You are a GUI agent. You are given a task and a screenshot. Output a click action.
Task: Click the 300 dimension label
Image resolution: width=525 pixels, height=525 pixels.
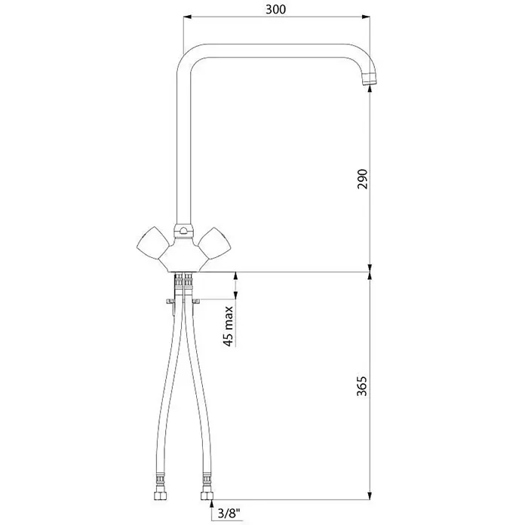(x=275, y=9)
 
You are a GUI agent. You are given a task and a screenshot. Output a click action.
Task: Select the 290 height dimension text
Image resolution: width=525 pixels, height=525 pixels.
(x=362, y=179)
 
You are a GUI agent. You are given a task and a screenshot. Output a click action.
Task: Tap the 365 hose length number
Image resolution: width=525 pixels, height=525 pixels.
(x=362, y=386)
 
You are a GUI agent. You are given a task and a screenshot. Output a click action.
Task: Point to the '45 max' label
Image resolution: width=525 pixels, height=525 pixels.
(x=229, y=326)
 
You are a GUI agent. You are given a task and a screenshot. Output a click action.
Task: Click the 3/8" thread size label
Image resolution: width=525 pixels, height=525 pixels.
(x=229, y=513)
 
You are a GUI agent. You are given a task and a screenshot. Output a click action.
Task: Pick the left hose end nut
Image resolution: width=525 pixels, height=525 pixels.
(x=160, y=495)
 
